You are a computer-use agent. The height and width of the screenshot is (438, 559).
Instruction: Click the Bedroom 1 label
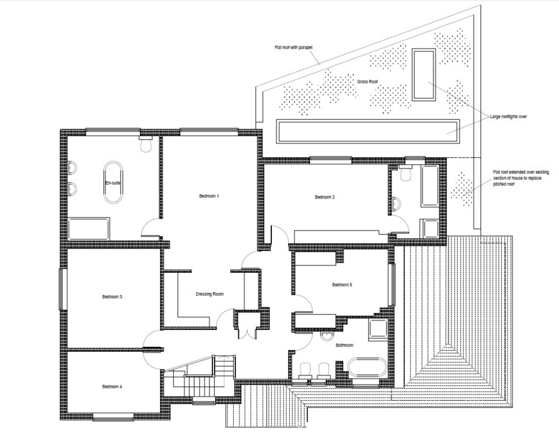[x=209, y=196]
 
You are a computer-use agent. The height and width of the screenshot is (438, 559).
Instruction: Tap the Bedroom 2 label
[x=325, y=197]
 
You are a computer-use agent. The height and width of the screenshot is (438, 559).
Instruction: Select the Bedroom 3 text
[x=112, y=297]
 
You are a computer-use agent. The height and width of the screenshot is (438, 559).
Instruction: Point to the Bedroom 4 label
[x=112, y=387]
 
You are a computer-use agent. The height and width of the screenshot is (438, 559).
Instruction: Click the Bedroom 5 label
[x=342, y=285]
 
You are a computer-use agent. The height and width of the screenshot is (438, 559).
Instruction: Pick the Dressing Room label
[x=210, y=294]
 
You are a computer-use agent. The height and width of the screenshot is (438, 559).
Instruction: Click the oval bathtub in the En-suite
[x=114, y=183]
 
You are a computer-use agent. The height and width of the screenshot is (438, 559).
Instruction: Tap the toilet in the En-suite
[x=146, y=145]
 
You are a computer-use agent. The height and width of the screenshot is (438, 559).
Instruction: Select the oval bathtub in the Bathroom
[x=367, y=368]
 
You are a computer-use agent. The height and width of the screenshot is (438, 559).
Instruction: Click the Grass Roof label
[x=367, y=82]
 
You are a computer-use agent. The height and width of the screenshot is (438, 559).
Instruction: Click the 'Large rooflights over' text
[x=508, y=116]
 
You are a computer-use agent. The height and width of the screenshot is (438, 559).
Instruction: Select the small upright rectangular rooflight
[x=424, y=74]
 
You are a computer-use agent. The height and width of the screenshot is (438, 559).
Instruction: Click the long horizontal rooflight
[x=368, y=131]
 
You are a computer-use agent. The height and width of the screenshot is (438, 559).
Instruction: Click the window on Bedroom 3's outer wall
[x=63, y=289]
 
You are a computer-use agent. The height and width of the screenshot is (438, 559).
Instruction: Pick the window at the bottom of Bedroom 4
[x=114, y=417]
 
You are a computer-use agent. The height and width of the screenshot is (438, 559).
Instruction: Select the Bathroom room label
[x=344, y=345]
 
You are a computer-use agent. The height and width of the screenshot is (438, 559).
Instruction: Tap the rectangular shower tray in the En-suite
[x=89, y=229]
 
